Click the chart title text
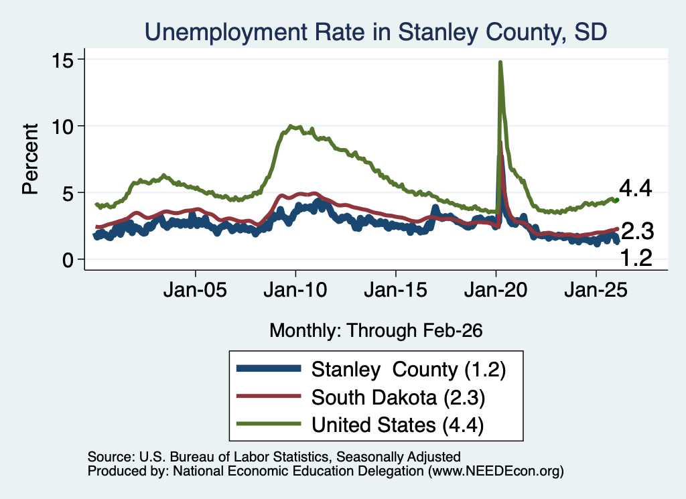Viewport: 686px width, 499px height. pyautogui.click(x=376, y=32)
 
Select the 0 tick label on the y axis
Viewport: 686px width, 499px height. pyautogui.click(x=68, y=260)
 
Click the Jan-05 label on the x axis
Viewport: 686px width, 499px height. pyautogui.click(x=195, y=289)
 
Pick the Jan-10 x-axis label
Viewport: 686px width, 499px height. pyautogui.click(x=295, y=289)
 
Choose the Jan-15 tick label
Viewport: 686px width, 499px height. pyautogui.click(x=395, y=289)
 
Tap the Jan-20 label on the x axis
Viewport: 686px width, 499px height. pyautogui.click(x=496, y=289)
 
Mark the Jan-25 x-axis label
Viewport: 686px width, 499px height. pyautogui.click(x=596, y=289)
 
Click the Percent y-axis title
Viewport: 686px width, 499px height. pyautogui.click(x=30, y=159)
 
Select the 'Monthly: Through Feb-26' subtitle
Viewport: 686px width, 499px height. pyautogui.click(x=376, y=331)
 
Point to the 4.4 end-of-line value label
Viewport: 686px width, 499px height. pyautogui.click(x=635, y=188)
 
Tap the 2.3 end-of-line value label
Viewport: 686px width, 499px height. pyautogui.click(x=638, y=231)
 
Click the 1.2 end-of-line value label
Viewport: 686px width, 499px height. pyautogui.click(x=636, y=258)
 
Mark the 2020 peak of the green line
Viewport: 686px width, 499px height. pyautogui.click(x=500, y=62)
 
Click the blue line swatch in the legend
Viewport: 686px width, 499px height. pyautogui.click(x=269, y=368)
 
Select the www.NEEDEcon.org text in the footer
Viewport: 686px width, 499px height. pyautogui.click(x=495, y=471)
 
